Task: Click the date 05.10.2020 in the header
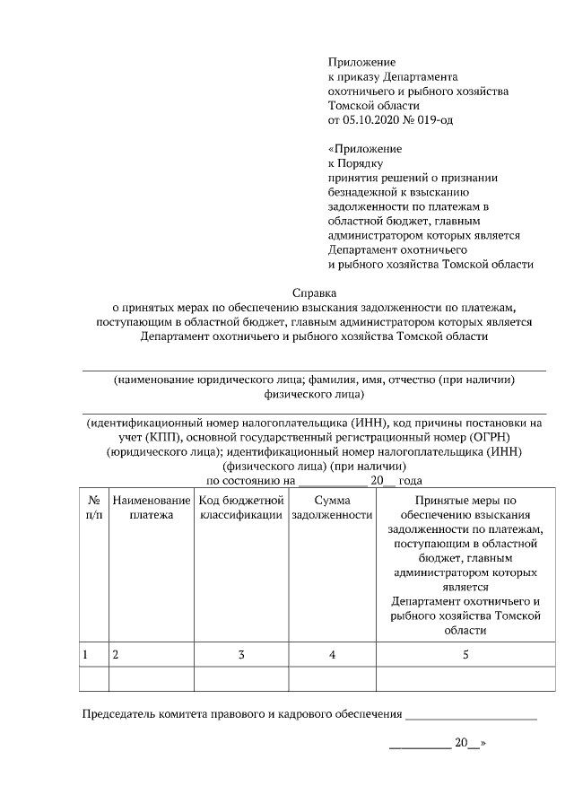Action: tap(372, 119)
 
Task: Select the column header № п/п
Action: tap(93, 508)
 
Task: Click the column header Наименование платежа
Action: tap(151, 508)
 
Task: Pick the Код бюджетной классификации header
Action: tap(240, 508)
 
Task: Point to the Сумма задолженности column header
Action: tap(332, 508)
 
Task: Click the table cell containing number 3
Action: tap(241, 655)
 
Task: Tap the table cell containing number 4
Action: tap(332, 655)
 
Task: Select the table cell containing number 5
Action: tap(465, 655)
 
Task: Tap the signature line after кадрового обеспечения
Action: tap(471, 717)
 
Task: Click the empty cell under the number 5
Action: tap(465, 680)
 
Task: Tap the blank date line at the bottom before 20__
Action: tap(420, 746)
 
